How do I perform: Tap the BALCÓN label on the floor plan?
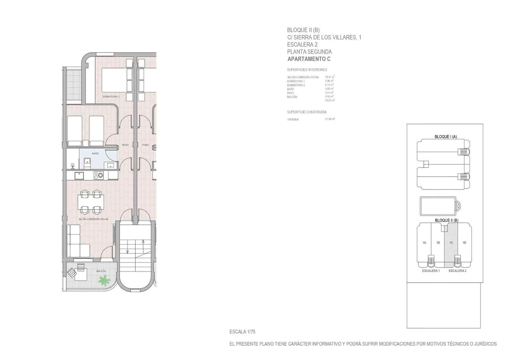click(x=101, y=271)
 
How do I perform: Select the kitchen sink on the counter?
click(x=79, y=176)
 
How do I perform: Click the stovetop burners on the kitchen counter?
click(x=98, y=175)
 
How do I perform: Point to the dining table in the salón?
click(x=91, y=202)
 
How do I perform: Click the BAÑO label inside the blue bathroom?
click(x=95, y=154)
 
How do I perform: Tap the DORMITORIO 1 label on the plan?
click(x=111, y=97)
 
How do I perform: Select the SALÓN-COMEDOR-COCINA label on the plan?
click(x=93, y=219)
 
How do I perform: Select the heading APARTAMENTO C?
click(x=309, y=59)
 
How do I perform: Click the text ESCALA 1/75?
click(x=242, y=332)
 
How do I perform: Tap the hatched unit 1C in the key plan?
click(x=451, y=243)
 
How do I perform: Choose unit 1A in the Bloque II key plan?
click(x=424, y=243)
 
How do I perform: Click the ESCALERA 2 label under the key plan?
click(x=457, y=271)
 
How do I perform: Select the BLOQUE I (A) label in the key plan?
click(x=446, y=137)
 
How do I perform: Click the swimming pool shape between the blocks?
click(x=438, y=206)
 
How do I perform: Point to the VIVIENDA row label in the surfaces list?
click(x=293, y=120)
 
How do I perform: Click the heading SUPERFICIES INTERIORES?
click(x=307, y=70)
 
